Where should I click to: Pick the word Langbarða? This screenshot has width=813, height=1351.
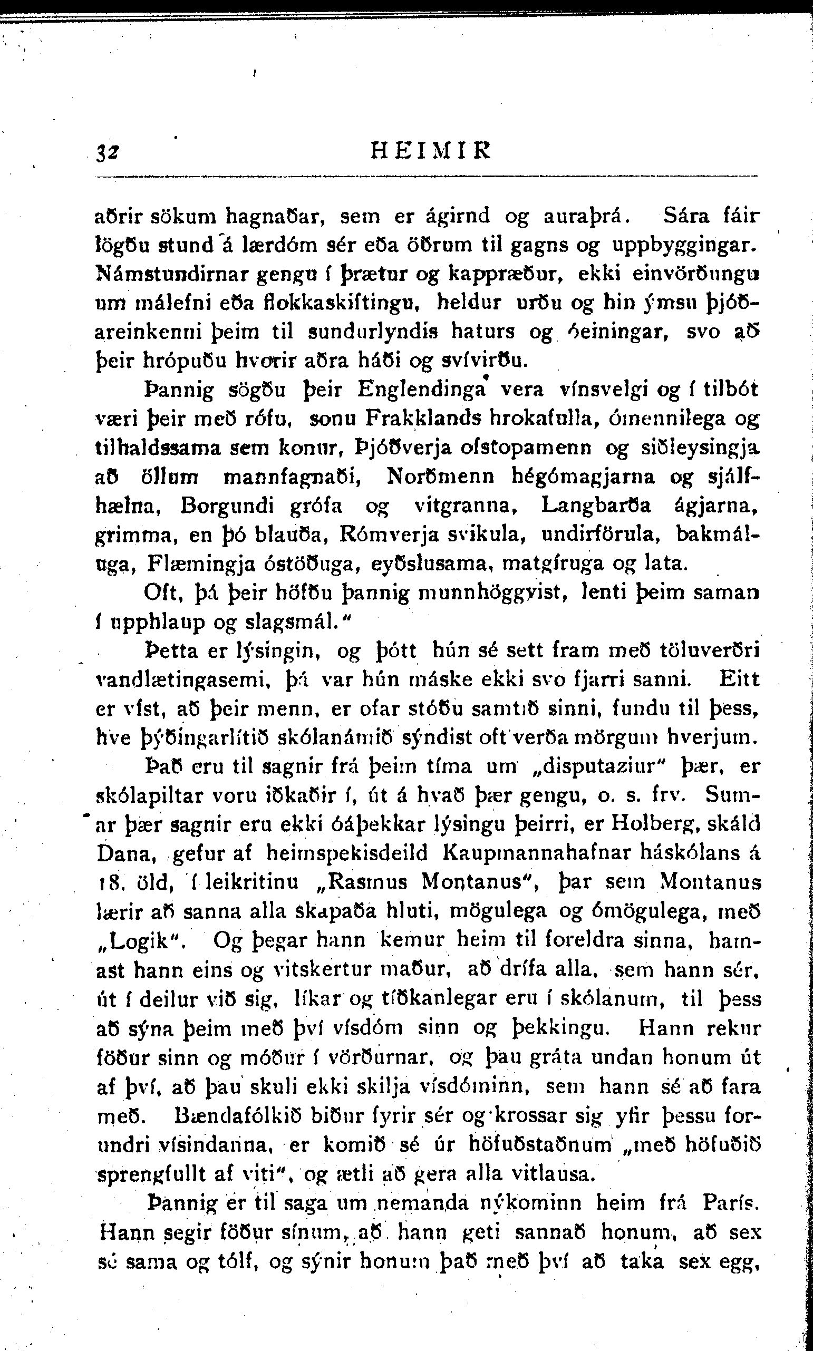597,504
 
